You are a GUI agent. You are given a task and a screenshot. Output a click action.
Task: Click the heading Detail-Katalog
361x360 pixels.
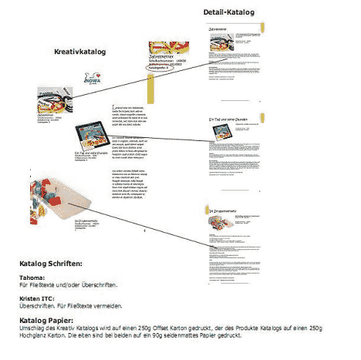(228, 13)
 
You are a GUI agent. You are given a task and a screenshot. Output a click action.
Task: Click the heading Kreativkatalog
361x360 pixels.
(79, 52)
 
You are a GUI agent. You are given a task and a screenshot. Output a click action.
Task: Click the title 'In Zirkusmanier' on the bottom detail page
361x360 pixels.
(227, 210)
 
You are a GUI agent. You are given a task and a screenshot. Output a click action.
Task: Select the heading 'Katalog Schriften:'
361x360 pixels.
(56, 264)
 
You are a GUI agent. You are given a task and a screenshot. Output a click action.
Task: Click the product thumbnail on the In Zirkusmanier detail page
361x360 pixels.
(221, 224)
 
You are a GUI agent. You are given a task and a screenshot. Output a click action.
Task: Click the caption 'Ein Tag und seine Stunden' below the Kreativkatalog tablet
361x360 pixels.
(94, 157)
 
